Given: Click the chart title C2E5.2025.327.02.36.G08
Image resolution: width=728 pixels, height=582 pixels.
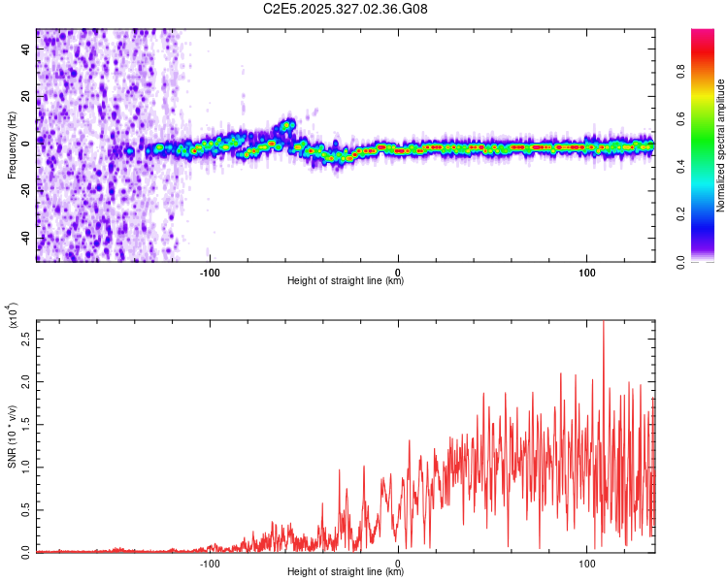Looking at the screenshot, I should tap(347, 9).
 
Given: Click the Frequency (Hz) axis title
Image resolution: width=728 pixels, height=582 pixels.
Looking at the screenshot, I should tap(12, 145).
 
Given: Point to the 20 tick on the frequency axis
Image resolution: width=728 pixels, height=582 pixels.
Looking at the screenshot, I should tap(26, 97).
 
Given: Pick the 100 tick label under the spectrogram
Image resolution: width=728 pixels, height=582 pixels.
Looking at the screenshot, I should tap(586, 273).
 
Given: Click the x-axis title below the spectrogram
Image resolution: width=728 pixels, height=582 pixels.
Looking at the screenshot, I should tap(346, 281).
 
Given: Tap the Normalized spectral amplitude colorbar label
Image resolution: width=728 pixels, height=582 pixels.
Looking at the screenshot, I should tap(720, 145).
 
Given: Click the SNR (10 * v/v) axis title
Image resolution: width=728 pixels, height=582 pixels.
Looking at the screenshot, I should tap(12, 436).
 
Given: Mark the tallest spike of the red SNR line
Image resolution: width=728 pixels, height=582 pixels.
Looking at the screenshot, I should tap(604, 323).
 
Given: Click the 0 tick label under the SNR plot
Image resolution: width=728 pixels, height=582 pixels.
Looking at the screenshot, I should tap(398, 563).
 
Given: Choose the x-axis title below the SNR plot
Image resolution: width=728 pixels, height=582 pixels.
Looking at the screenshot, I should tap(346, 571).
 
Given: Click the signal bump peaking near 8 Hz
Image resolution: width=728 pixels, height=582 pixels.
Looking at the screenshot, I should tap(287, 123).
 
